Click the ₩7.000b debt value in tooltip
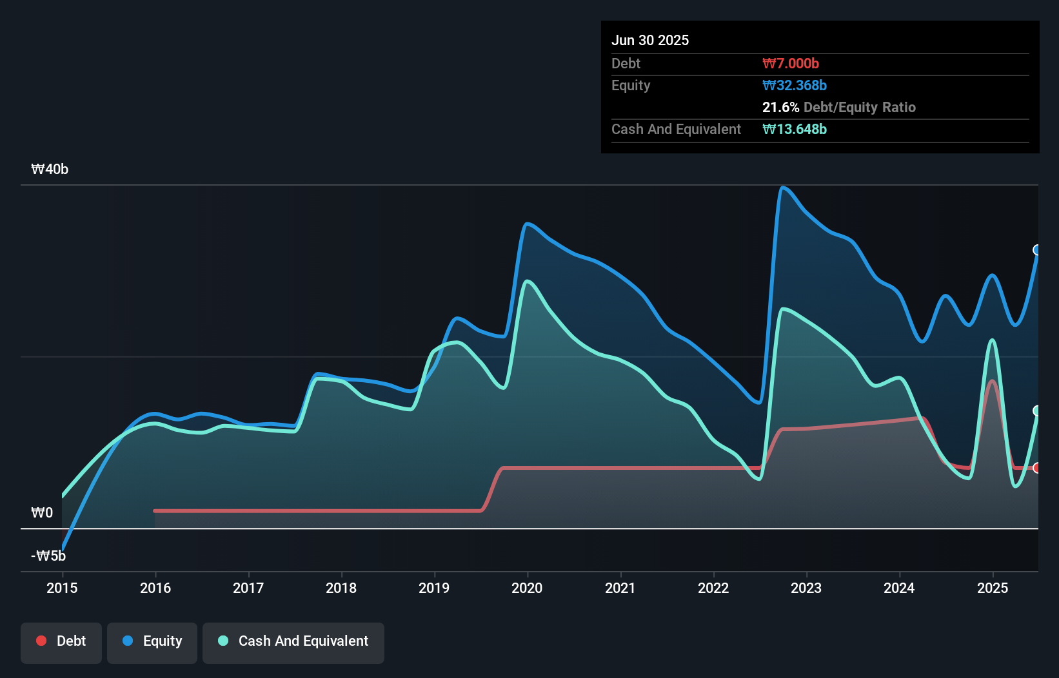(x=790, y=63)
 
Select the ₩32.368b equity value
(x=794, y=85)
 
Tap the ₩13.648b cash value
(x=794, y=129)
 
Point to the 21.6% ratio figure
(x=780, y=107)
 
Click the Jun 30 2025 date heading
(x=649, y=40)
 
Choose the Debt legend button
(x=61, y=641)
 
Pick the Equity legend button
(x=152, y=641)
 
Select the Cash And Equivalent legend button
(x=293, y=641)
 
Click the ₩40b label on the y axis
(x=50, y=169)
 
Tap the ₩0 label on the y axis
(x=42, y=513)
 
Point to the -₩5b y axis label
(x=48, y=556)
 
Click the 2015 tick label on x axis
(x=62, y=588)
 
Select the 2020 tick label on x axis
(x=527, y=588)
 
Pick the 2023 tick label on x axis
(x=806, y=588)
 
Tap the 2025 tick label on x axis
(x=992, y=588)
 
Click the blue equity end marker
(x=1037, y=250)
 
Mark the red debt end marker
(x=1037, y=468)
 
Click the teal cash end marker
(x=1037, y=411)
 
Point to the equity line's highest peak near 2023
(x=783, y=188)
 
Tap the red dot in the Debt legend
(x=41, y=641)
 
